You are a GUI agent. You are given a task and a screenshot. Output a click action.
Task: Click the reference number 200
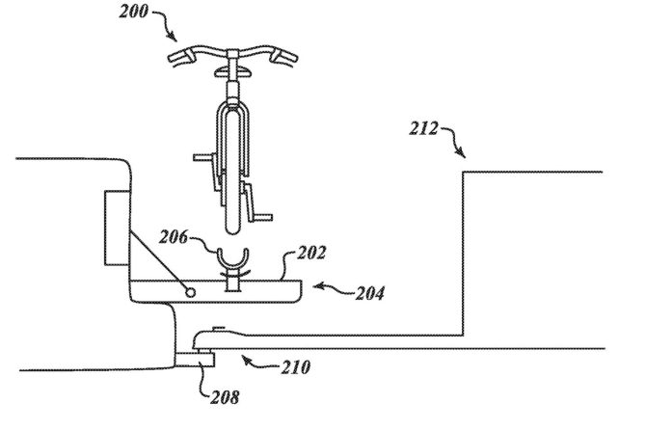pos(133,12)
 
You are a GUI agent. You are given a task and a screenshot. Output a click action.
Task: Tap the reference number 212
pos(424,128)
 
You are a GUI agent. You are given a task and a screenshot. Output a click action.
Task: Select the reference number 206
pos(174,237)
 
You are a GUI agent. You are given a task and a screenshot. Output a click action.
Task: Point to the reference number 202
pos(311,253)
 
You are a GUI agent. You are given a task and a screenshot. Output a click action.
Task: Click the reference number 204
pos(370,293)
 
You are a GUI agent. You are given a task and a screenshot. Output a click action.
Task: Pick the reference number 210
pos(296,367)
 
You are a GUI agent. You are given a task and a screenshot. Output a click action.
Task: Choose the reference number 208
pos(225,397)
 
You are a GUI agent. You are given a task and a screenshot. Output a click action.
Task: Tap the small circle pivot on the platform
pos(190,292)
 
